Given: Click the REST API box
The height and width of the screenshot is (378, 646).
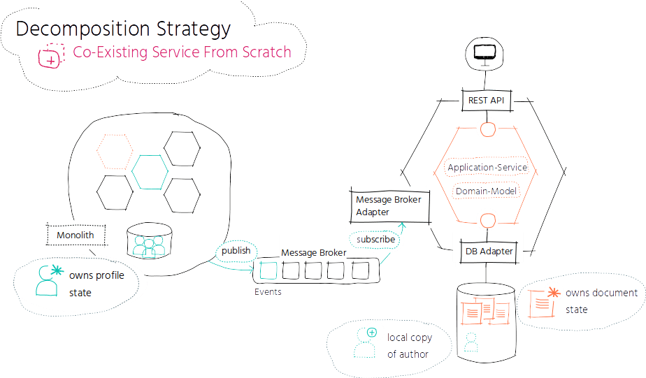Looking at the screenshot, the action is [x=487, y=100].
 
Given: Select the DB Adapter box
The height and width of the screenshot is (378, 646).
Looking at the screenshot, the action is [x=489, y=251].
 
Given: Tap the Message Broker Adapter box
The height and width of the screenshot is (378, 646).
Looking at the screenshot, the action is [x=389, y=206].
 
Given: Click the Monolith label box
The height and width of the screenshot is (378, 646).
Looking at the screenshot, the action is [x=76, y=235].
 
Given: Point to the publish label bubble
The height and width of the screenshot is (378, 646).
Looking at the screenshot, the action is [x=236, y=250].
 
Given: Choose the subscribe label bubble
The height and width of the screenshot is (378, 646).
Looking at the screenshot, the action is [x=375, y=239].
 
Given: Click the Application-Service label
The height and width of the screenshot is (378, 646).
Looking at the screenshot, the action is [x=487, y=167].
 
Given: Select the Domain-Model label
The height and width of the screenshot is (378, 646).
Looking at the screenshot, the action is [x=486, y=191].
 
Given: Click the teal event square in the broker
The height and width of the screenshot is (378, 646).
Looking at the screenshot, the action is [x=268, y=270].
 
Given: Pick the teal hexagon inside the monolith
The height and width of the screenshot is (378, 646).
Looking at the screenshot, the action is [x=150, y=172].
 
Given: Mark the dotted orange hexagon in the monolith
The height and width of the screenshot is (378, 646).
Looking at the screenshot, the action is [x=115, y=151].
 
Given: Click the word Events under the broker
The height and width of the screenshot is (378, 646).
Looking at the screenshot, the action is [x=268, y=292].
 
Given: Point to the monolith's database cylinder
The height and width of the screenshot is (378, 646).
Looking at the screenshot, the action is [x=149, y=241].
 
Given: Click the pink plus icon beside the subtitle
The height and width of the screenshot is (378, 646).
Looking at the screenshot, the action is [x=51, y=56].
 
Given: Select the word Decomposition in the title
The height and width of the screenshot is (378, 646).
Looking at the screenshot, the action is [x=82, y=29].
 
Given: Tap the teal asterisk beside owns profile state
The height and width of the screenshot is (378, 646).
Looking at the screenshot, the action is [x=57, y=270].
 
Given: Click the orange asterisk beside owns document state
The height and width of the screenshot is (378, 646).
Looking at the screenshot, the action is [x=554, y=293].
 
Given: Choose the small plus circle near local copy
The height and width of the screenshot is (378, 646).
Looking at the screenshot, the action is [x=372, y=333].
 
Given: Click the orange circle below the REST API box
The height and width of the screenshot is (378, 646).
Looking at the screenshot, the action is [x=488, y=130].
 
